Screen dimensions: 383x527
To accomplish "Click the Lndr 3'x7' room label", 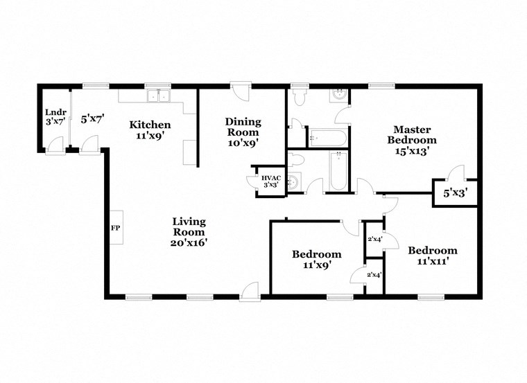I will pyautogui.click(x=54, y=116).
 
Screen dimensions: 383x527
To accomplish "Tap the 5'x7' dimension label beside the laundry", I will pyautogui.click(x=92, y=119).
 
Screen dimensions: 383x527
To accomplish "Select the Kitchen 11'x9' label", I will pyautogui.click(x=150, y=130).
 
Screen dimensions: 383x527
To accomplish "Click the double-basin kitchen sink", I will pyautogui.click(x=159, y=96).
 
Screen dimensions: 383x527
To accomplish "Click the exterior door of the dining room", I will pyautogui.click(x=240, y=92).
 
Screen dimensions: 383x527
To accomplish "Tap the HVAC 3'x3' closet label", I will pyautogui.click(x=270, y=181).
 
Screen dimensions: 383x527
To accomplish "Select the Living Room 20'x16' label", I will pyautogui.click(x=189, y=231).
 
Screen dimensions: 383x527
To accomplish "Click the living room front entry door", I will pyautogui.click(x=250, y=291).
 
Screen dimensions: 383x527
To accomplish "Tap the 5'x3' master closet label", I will pyautogui.click(x=455, y=195).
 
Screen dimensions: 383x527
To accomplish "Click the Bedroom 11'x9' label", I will pyautogui.click(x=316, y=258).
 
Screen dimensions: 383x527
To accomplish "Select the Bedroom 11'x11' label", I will pyautogui.click(x=432, y=255).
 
